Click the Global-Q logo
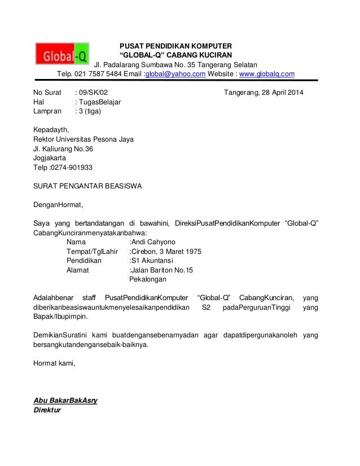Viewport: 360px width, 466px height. [x=61, y=54]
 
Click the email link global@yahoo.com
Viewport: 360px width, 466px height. [x=175, y=74]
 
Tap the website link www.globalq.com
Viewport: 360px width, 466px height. [x=266, y=74]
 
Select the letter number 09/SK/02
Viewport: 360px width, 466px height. [x=92, y=93]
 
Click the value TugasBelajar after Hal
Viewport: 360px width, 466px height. [x=100, y=102]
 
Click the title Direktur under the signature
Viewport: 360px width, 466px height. [x=49, y=410]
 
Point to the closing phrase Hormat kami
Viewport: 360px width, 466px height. [x=54, y=363]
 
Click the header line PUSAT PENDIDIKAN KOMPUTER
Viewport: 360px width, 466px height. [x=178, y=46]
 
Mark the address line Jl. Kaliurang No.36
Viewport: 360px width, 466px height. [x=63, y=149]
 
